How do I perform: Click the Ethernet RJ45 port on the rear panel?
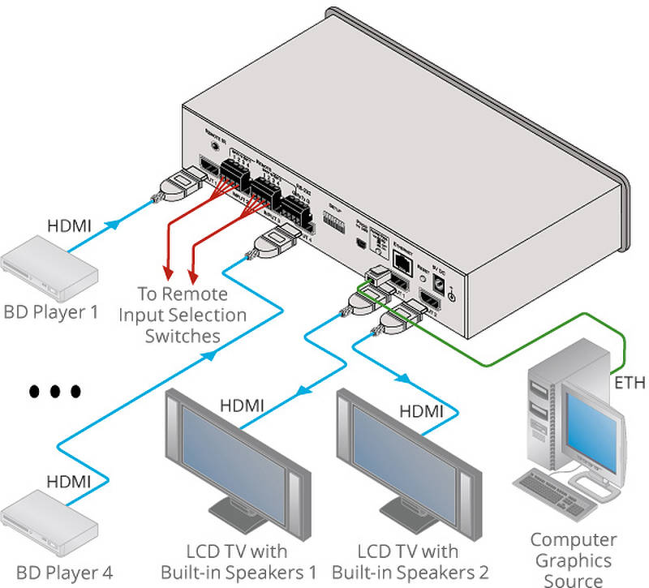pyautogui.click(x=402, y=260)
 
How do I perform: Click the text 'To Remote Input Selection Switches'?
pyautogui.click(x=183, y=315)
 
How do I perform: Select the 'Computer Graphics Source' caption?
pyautogui.click(x=573, y=560)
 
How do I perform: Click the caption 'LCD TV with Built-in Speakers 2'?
pyautogui.click(x=410, y=560)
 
